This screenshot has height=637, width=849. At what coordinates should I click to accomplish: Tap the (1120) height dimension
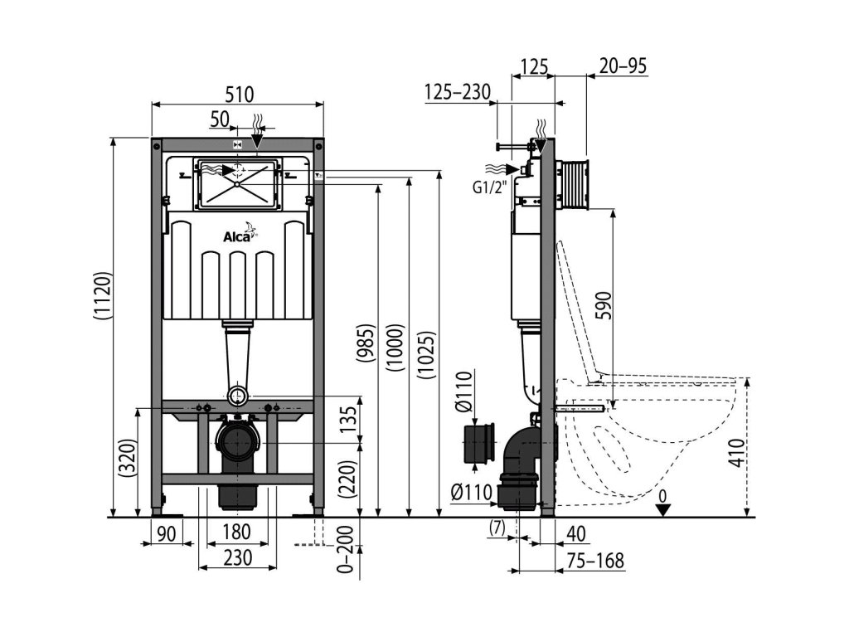point(100,295)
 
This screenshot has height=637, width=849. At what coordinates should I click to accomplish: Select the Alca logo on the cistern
point(240,237)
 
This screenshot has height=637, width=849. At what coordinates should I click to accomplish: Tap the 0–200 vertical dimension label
point(347,550)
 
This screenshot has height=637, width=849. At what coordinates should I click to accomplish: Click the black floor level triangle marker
point(662,508)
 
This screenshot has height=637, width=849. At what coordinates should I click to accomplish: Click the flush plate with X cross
point(236,182)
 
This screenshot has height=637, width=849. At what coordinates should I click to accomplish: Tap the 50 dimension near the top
point(219,119)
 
